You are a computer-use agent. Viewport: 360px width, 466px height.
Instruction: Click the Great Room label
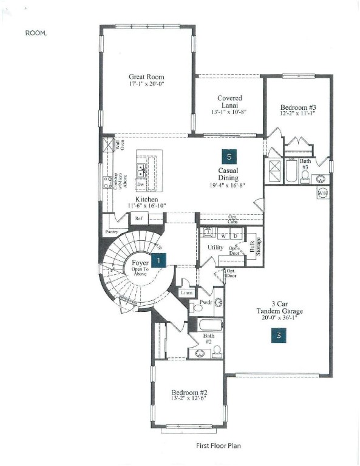click(x=146, y=77)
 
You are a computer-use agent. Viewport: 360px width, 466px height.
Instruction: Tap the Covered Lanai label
click(x=229, y=102)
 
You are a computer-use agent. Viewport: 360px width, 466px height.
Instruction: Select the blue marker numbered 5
click(x=228, y=156)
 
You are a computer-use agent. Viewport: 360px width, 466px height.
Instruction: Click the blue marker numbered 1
click(x=158, y=260)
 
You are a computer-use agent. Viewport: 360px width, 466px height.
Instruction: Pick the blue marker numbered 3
click(x=279, y=334)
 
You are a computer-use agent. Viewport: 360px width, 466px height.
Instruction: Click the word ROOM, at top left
click(x=36, y=33)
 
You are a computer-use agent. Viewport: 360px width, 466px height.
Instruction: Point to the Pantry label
click(x=111, y=231)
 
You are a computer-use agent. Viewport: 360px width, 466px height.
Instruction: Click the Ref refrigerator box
click(x=139, y=218)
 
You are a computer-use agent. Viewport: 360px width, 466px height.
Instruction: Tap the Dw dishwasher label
click(x=140, y=184)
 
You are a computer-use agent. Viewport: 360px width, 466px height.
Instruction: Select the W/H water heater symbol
click(x=322, y=193)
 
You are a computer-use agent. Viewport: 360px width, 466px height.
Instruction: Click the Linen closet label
click(x=186, y=293)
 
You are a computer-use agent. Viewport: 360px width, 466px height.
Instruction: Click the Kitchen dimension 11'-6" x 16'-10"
click(x=146, y=206)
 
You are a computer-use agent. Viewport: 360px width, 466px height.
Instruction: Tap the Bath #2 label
click(x=209, y=337)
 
